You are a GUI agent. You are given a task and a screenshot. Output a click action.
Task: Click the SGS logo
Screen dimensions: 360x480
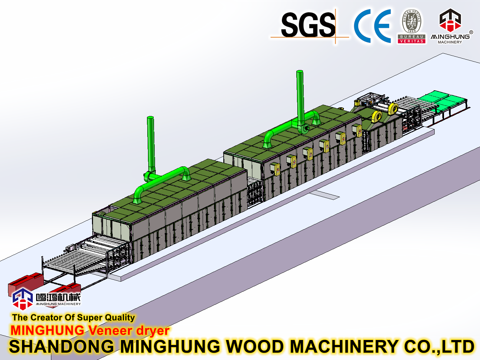tap(308, 25)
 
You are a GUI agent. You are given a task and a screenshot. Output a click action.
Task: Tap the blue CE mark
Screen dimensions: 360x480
tap(372, 26)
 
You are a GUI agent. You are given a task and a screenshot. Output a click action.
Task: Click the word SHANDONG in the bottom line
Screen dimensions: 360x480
tap(62, 347)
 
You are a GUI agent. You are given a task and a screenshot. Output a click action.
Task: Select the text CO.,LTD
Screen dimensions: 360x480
tap(439, 347)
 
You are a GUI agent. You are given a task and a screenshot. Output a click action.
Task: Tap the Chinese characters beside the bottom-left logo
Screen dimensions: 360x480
tap(58, 297)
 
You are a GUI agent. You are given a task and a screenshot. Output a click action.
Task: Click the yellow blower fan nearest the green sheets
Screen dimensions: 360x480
tap(393, 108)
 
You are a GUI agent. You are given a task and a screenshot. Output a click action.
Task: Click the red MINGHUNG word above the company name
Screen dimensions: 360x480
tap(47, 331)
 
